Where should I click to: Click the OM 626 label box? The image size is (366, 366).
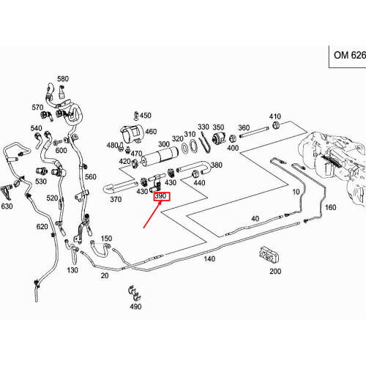tap(348, 55)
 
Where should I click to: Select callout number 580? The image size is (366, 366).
tap(62, 78)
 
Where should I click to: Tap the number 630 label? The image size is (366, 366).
tap(7, 206)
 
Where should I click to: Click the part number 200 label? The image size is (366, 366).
tap(275, 271)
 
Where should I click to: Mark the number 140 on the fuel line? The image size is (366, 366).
tap(209, 259)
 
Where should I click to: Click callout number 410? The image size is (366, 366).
tap(275, 117)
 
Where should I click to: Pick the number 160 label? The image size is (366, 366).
tap(331, 208)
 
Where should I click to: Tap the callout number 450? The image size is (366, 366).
tap(145, 116)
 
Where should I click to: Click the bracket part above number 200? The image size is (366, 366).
tap(269, 255)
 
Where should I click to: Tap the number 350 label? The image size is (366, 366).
tap(218, 127)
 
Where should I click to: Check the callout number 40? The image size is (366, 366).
tap(255, 219)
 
